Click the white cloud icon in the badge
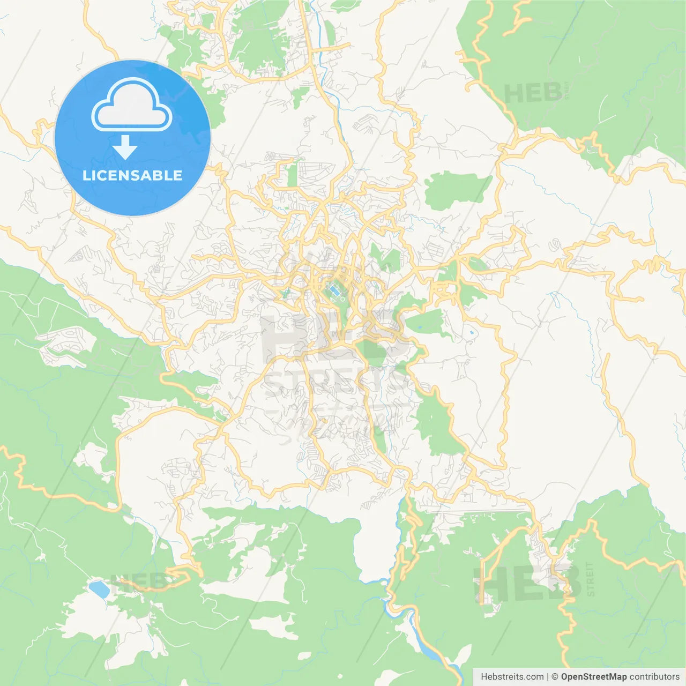(x=132, y=105)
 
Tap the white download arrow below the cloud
(x=125, y=147)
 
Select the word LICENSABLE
(x=132, y=175)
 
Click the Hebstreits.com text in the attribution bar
(x=512, y=677)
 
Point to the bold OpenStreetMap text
(x=593, y=677)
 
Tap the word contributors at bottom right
(x=654, y=677)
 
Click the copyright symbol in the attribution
(x=555, y=677)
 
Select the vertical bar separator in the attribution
(x=548, y=677)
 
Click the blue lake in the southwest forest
(x=100, y=588)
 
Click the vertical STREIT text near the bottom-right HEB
(x=590, y=579)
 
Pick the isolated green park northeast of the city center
(x=456, y=190)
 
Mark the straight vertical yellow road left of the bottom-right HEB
(x=483, y=581)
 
